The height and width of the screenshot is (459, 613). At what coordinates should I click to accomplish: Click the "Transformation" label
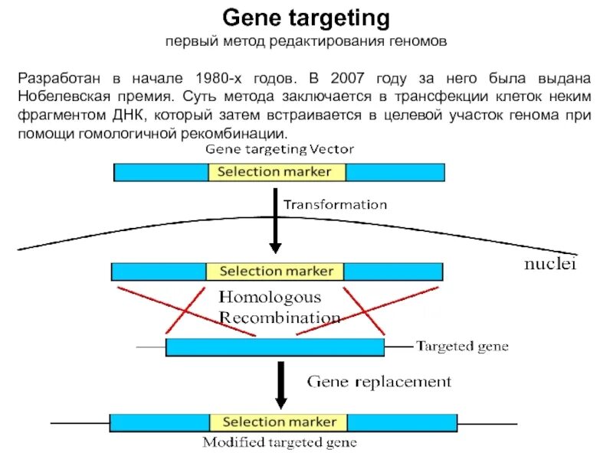tap(336, 205)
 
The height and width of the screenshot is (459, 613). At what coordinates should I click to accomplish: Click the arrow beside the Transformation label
tap(274, 222)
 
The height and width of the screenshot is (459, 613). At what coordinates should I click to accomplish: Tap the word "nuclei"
tap(549, 265)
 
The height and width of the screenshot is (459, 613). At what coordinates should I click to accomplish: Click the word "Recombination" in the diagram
tap(279, 317)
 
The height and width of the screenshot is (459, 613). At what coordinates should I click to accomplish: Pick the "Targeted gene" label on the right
tap(462, 347)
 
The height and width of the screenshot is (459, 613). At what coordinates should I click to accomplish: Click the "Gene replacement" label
tap(379, 381)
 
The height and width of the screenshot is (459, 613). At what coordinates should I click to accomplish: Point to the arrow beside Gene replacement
tap(280, 386)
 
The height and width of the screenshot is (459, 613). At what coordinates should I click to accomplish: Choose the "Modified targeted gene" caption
tap(280, 442)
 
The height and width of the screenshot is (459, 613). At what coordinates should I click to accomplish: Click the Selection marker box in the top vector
tap(277, 172)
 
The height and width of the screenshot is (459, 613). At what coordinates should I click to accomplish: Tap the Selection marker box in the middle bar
tap(276, 272)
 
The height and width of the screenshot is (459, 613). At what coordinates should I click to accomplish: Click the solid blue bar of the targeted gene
tap(274, 347)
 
